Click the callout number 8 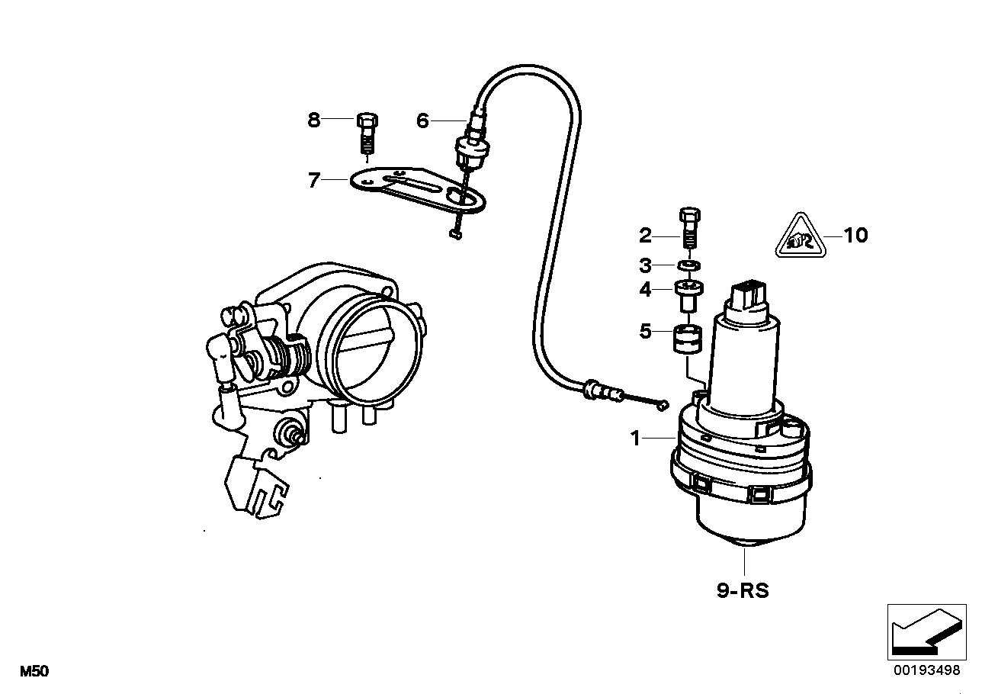(314, 120)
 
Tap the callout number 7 (313, 180)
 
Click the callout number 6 (422, 120)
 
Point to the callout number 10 (856, 235)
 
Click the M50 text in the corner (34, 672)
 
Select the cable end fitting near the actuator (602, 393)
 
